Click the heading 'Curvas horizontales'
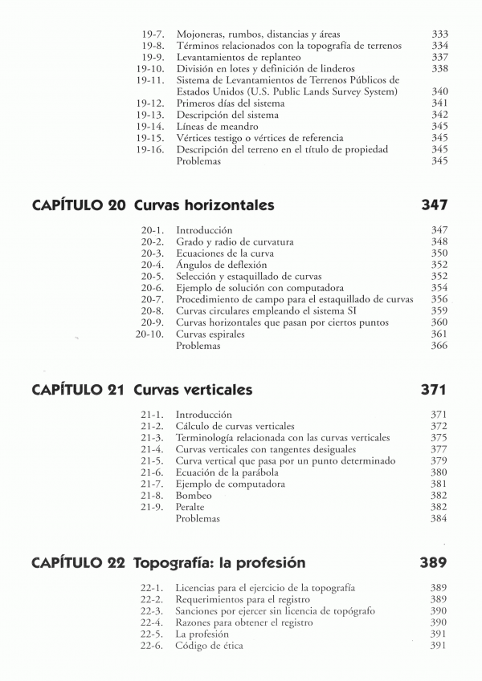pyautogui.click(x=204, y=206)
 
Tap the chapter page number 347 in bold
pyautogui.click(x=434, y=206)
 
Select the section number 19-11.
pyautogui.click(x=150, y=80)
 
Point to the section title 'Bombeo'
pyautogui.click(x=194, y=496)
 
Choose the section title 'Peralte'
pyautogui.click(x=190, y=508)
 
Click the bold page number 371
pyautogui.click(x=434, y=390)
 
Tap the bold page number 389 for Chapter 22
pyautogui.click(x=434, y=563)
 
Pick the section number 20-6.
pyautogui.click(x=153, y=287)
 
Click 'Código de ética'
pyautogui.click(x=210, y=647)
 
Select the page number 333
pyautogui.click(x=439, y=34)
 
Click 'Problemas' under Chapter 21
pyautogui.click(x=198, y=519)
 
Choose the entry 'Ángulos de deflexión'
pyautogui.click(x=222, y=265)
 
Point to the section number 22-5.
pyautogui.click(x=152, y=634)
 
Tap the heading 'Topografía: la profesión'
pyautogui.click(x=219, y=563)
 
